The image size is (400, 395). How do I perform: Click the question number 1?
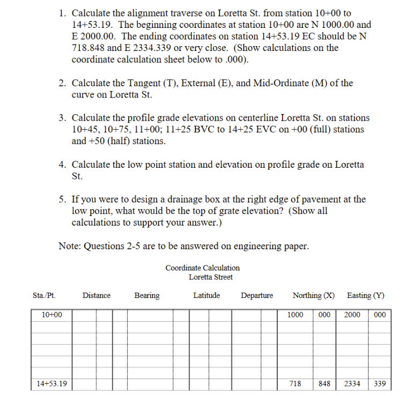(62, 12)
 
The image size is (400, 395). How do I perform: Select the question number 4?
(62, 165)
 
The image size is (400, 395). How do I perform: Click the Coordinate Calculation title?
(203, 267)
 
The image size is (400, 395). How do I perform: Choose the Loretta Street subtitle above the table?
(211, 277)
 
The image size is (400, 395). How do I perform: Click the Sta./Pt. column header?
(44, 295)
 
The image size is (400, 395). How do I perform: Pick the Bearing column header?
(146, 295)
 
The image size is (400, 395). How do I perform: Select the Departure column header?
(257, 295)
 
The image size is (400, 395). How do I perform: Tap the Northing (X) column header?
(314, 295)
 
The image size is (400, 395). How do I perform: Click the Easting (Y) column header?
(366, 295)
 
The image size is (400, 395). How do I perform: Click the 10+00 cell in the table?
(51, 315)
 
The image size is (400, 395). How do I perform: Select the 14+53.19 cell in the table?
(51, 384)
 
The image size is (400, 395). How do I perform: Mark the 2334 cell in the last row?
(352, 384)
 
